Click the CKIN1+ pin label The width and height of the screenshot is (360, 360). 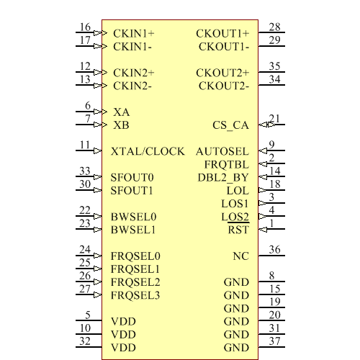coord(133,34)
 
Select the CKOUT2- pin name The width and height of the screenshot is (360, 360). coord(224,86)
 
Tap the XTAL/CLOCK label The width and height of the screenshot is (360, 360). coord(148,152)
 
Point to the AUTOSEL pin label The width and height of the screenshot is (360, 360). coord(222,152)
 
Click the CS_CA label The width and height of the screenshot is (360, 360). coord(230,125)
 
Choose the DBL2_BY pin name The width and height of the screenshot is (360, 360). coord(223,178)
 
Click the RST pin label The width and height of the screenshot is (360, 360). coord(238,230)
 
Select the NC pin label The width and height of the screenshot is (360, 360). coord(240,256)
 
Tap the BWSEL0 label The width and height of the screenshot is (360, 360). coord(134,217)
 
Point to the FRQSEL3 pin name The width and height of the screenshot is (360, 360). coord(135,295)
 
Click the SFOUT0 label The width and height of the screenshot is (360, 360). coord(132,178)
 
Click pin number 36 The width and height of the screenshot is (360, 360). coord(274,250)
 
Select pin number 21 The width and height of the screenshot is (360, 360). coord(274,119)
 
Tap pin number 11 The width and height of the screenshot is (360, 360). coord(86,145)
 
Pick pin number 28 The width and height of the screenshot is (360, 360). coord(274,27)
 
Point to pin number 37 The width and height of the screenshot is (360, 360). coord(274,341)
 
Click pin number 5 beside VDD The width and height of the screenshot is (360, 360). coord(88,315)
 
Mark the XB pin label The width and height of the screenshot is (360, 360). coord(121,125)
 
